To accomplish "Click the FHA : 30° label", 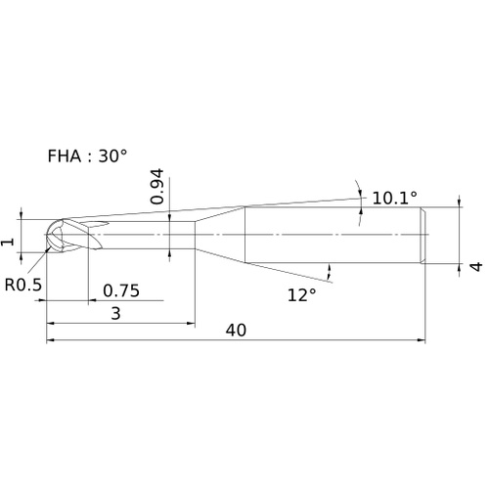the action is click(x=87, y=156).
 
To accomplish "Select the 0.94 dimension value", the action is click(x=157, y=187).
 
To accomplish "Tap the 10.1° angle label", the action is click(x=394, y=198).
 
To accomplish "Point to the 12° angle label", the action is click(x=302, y=295).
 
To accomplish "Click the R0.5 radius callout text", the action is click(x=23, y=285).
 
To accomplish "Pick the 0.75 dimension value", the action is click(x=121, y=290).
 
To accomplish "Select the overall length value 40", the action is click(x=236, y=331).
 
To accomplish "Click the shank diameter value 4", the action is click(x=477, y=267).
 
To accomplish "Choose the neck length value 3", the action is click(x=116, y=313).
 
